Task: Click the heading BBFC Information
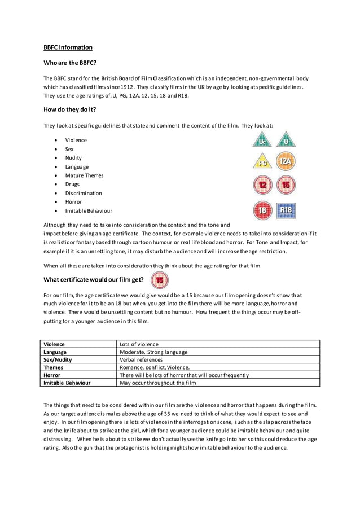click(68, 47)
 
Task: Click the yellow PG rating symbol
click(262, 163)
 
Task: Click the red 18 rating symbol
click(262, 210)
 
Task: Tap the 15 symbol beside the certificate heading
click(160, 280)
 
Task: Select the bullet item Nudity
click(73, 158)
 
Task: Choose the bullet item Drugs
click(72, 184)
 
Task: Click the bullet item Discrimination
click(84, 193)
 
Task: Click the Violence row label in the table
click(54, 344)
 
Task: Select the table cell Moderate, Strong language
click(153, 352)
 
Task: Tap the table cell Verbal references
click(141, 359)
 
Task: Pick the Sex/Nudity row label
click(58, 359)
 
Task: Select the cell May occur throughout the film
click(158, 383)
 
